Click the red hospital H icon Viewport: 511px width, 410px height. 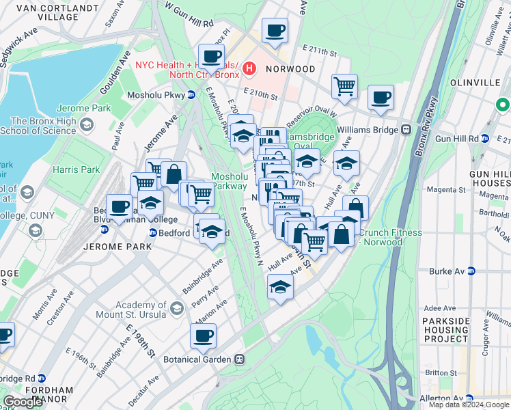point(249,68)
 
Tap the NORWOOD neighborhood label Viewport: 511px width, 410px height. point(290,69)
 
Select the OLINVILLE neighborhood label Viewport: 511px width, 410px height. point(476,82)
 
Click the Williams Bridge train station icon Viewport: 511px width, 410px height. point(405,128)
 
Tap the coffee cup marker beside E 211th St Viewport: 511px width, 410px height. point(275,31)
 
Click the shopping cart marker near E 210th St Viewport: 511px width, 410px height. point(344,87)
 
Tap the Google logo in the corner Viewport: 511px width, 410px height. point(23,401)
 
